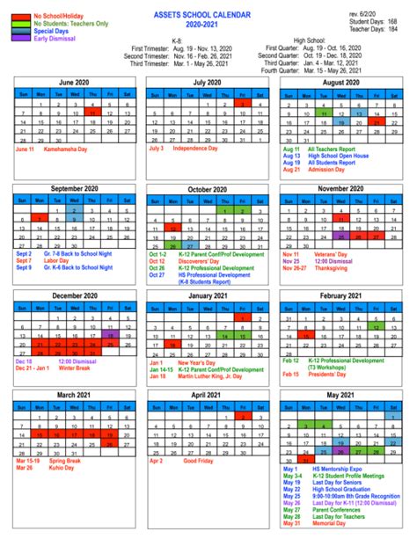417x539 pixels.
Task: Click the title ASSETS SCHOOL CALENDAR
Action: click(208, 15)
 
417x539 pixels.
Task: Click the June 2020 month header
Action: click(71, 82)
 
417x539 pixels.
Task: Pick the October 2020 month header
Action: click(208, 190)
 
